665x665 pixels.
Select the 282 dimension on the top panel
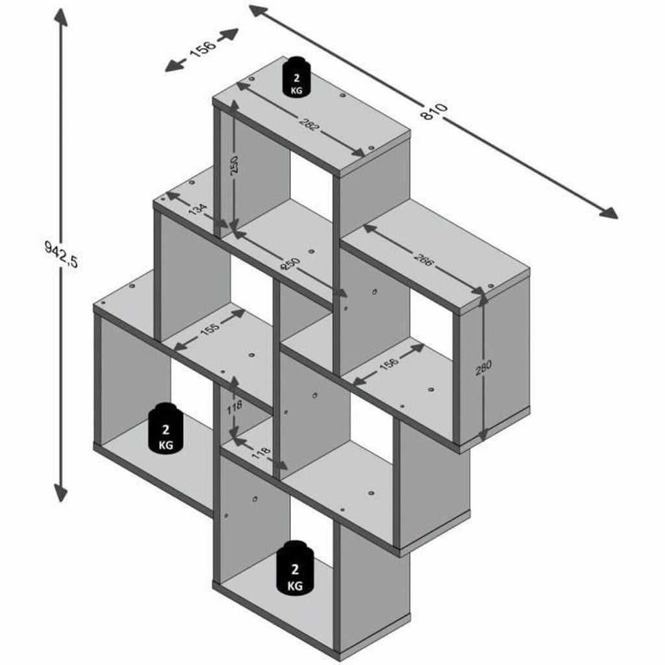(x=308, y=121)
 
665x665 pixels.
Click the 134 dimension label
(x=198, y=208)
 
